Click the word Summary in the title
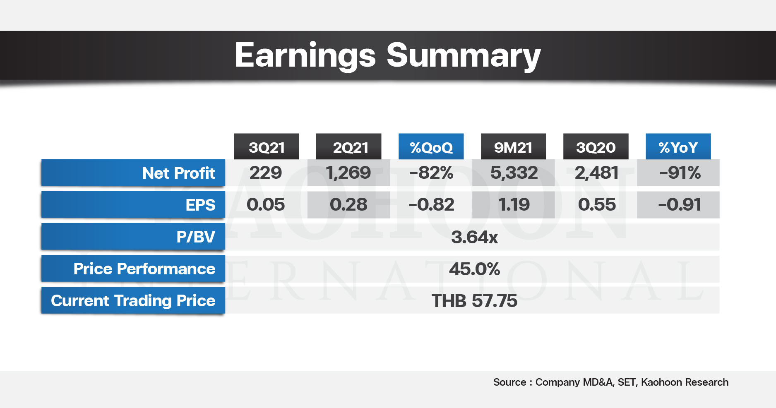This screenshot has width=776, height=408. coord(464,55)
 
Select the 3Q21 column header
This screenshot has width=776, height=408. coord(267,147)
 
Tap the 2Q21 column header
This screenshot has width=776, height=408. coord(349,147)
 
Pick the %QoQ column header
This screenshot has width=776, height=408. coord(431,147)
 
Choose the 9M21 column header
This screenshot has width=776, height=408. coord(514,147)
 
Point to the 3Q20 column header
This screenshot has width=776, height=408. coord(596,147)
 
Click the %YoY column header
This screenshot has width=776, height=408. coord(678,147)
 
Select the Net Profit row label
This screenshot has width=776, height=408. coord(178,173)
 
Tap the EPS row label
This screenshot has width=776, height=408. coord(200,205)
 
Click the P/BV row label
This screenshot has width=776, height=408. coord(196,237)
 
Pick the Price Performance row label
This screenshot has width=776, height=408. coord(144,269)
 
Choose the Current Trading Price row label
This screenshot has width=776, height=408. coord(133,301)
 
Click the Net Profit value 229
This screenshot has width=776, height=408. coord(266,173)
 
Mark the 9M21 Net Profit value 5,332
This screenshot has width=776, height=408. coord(514,173)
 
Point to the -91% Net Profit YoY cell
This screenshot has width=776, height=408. coord(680,173)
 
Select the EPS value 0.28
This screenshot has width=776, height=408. coord(348,204)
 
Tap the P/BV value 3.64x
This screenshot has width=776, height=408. coord(474,237)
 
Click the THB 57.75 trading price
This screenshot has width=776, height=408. coord(474,301)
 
